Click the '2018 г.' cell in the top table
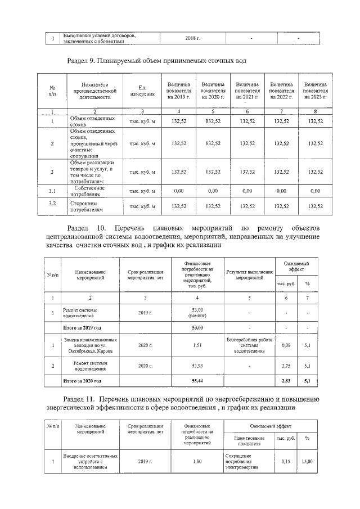(192, 38)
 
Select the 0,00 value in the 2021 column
(246, 191)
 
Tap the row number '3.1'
(52, 191)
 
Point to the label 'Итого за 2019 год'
(83, 327)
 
